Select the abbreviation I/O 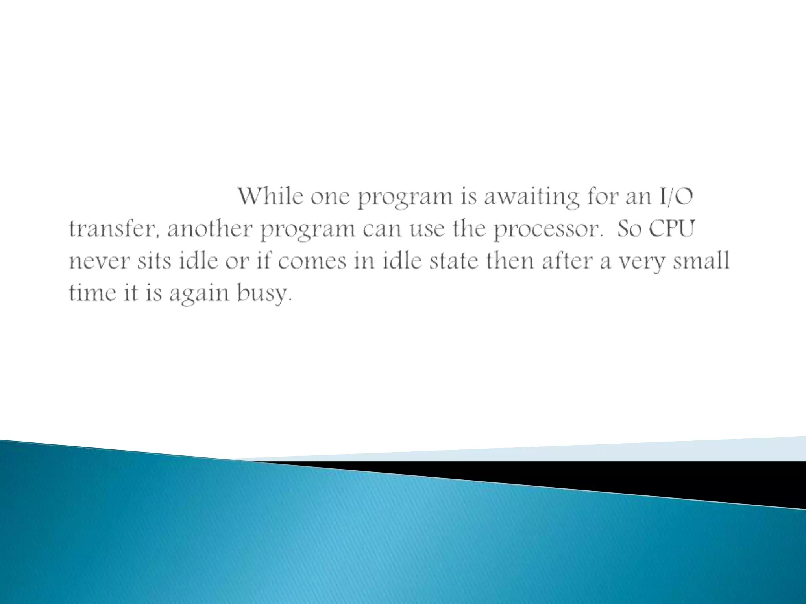(x=675, y=197)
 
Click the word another (x=209, y=229)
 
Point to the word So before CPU (x=629, y=229)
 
